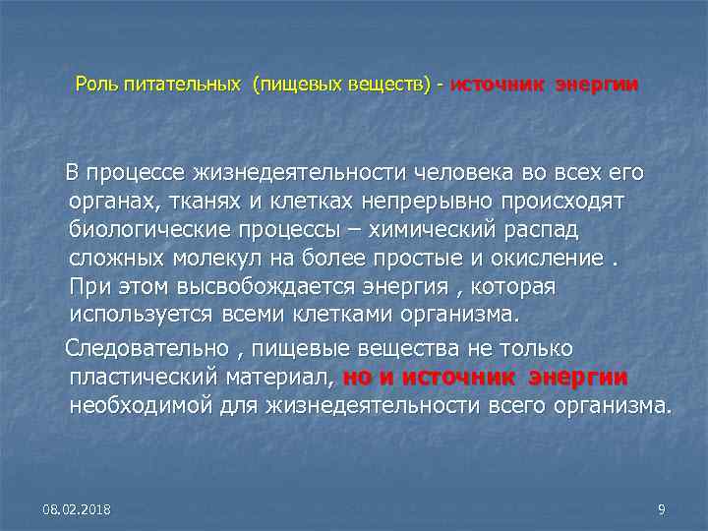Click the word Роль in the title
96,85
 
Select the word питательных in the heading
182,85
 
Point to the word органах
109,201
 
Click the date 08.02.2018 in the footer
77,508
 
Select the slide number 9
661,508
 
